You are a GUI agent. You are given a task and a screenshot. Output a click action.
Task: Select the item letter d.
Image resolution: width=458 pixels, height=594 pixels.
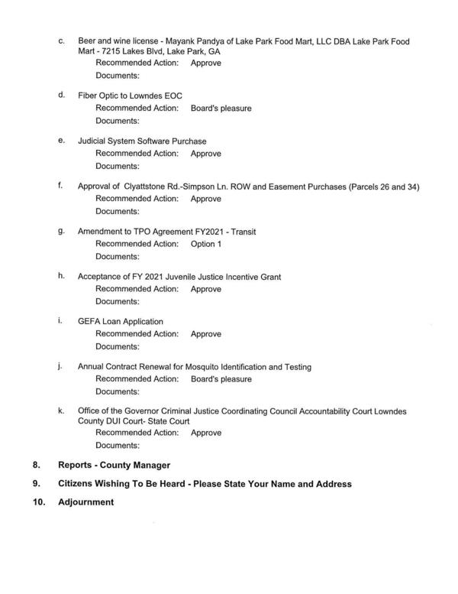pos(60,96)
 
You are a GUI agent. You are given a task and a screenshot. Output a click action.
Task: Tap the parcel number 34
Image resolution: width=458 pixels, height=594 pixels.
pos(409,187)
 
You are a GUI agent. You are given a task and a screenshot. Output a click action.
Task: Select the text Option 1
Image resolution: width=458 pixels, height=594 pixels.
pos(206,244)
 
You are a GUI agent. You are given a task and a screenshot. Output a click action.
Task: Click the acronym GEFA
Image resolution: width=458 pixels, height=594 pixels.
pos(89,322)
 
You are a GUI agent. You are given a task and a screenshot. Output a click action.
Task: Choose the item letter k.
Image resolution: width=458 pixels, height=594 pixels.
pos(60,411)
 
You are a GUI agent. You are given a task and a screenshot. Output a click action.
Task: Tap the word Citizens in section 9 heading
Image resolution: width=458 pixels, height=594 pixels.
pos(78,484)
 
